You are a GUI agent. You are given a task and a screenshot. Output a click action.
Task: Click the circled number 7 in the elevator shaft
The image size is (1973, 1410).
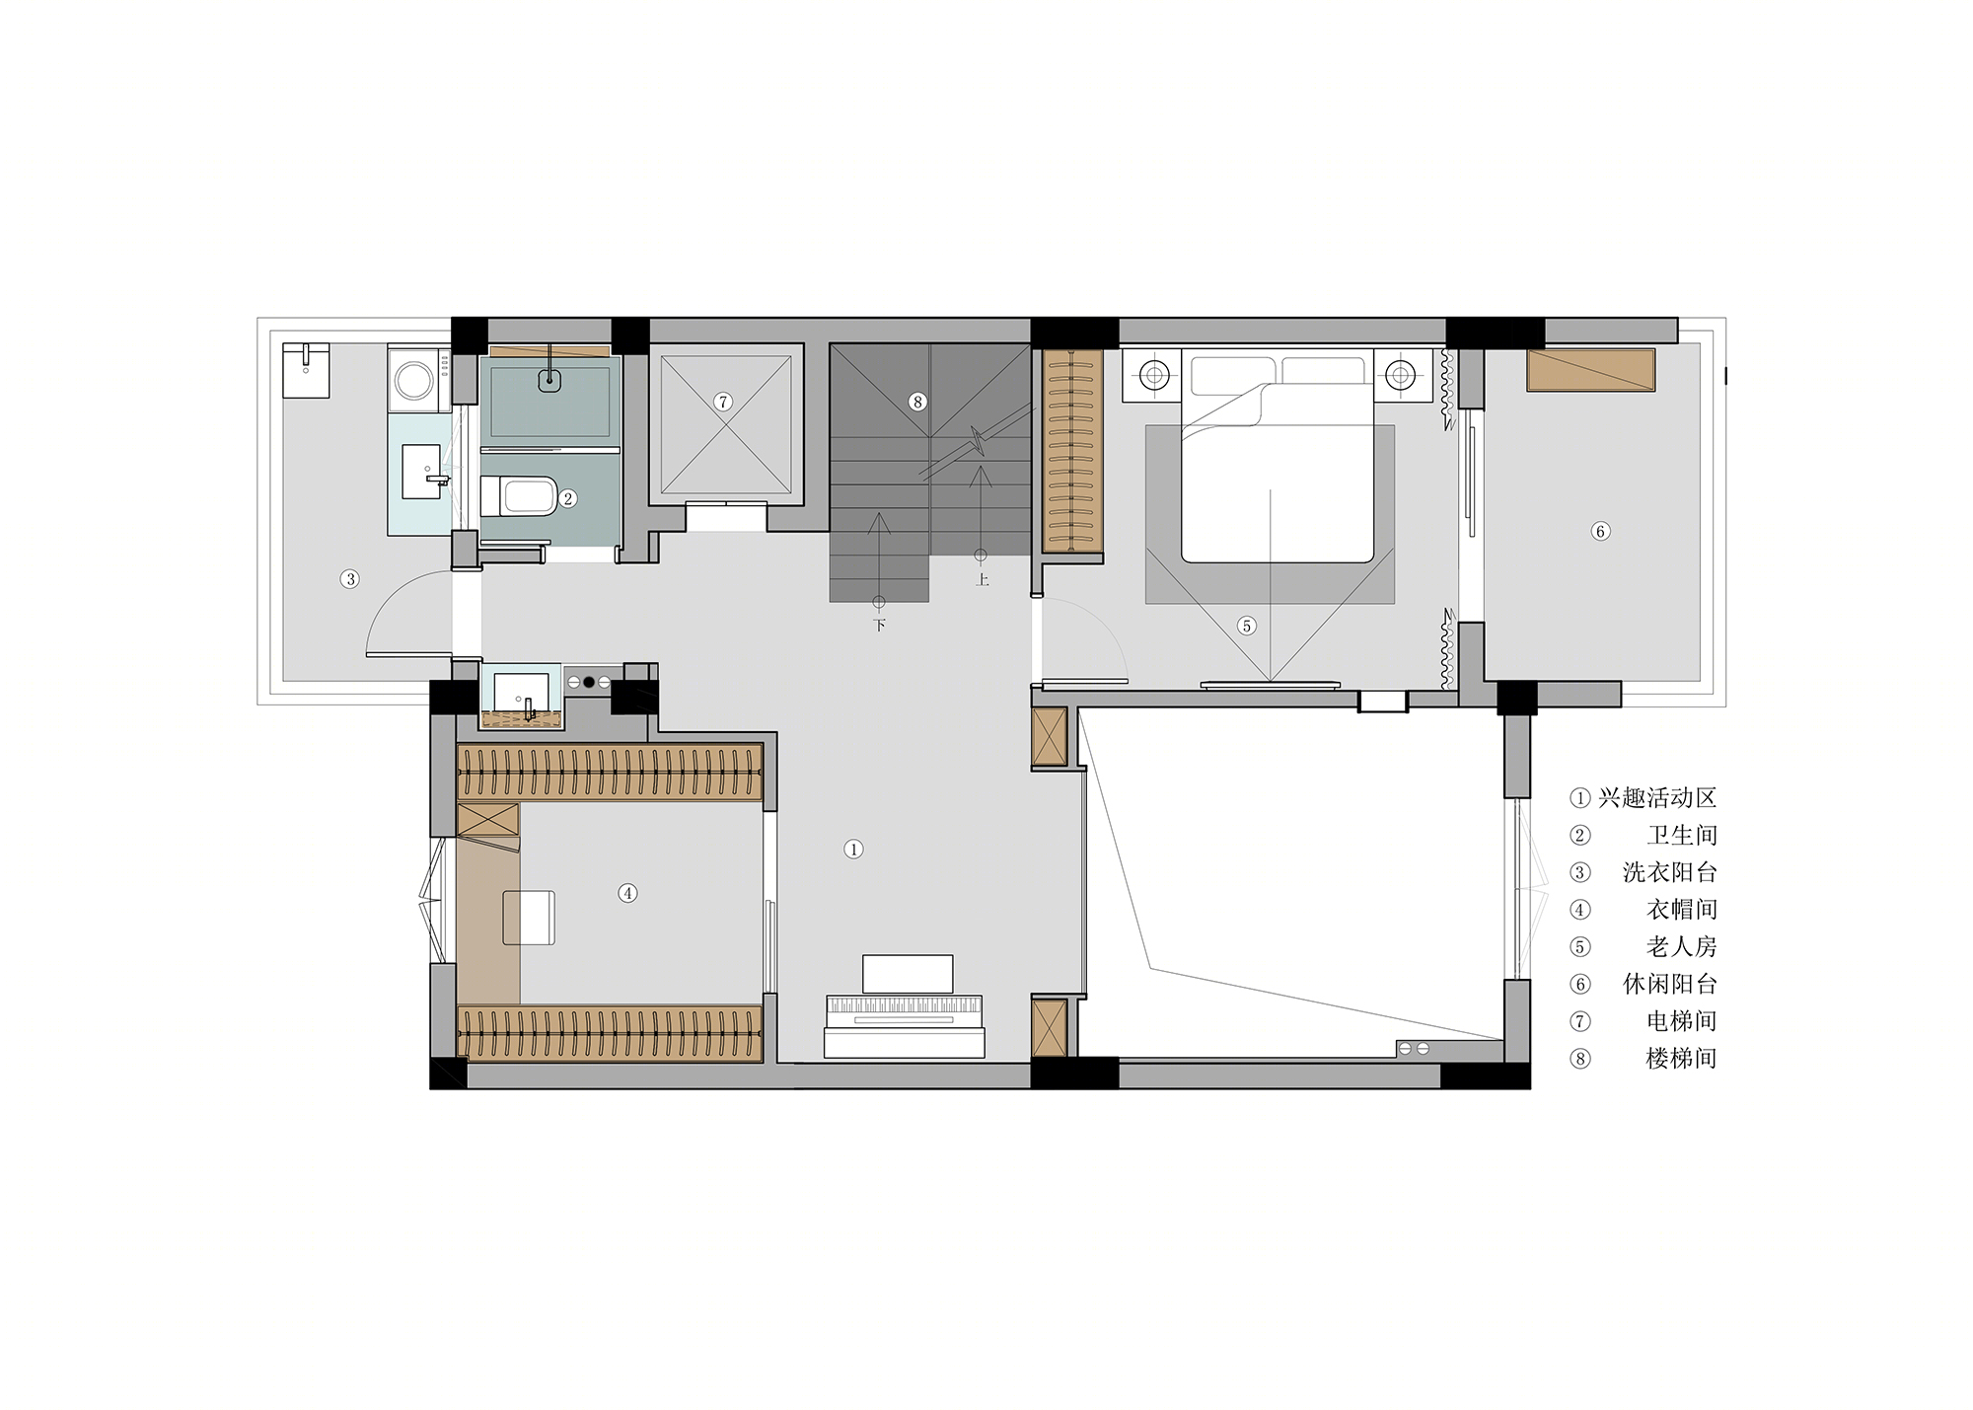(723, 402)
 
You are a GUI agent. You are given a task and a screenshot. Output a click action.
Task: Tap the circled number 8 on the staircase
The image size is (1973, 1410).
(917, 402)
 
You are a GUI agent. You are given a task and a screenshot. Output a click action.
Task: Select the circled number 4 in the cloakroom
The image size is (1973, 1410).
(627, 893)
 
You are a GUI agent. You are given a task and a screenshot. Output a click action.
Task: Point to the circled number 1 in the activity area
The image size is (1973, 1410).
(853, 849)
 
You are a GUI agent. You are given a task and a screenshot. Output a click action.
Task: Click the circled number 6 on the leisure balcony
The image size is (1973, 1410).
(1600, 531)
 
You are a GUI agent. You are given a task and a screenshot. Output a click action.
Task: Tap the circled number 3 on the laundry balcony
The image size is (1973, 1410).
(349, 578)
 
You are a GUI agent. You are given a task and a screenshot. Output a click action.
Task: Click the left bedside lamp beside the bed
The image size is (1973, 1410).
(1154, 375)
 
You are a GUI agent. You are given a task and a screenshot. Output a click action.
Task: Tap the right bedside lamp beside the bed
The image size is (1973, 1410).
(1400, 375)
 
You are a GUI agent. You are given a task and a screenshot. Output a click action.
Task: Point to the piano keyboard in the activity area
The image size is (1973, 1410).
(904, 1009)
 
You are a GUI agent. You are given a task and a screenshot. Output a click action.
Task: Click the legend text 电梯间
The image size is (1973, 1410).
(1681, 1021)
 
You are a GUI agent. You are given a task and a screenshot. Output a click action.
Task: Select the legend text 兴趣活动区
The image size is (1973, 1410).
(1657, 798)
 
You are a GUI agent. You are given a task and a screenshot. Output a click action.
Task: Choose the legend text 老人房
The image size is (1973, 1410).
(1681, 947)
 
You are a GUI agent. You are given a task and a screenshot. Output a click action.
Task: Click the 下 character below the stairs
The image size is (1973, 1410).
(879, 625)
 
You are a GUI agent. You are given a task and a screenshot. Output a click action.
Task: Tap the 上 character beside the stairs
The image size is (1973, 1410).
(982, 579)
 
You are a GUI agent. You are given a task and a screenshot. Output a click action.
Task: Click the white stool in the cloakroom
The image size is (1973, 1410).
(529, 918)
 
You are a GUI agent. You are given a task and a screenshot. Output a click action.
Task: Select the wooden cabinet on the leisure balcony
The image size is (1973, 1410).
(1590, 370)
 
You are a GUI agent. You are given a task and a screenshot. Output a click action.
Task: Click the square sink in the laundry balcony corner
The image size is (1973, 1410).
(306, 370)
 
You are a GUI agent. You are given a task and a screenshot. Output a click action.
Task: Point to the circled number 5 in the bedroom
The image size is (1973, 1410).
(1246, 626)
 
